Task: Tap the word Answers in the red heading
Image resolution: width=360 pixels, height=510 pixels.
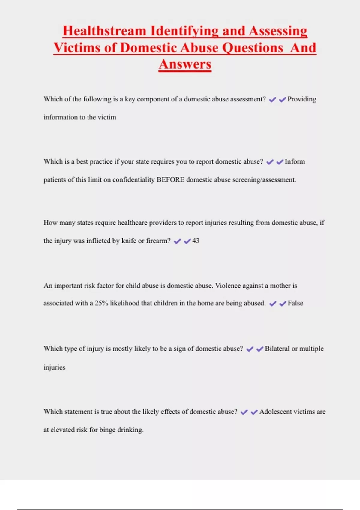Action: click(x=185, y=64)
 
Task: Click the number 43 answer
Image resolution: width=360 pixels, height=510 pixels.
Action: click(x=196, y=241)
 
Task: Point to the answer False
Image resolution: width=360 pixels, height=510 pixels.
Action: click(x=295, y=303)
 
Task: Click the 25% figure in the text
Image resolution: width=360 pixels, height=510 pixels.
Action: click(x=101, y=303)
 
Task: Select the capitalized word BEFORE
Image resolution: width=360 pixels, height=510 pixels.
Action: click(x=170, y=180)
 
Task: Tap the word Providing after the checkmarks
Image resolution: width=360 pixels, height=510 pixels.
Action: click(x=302, y=99)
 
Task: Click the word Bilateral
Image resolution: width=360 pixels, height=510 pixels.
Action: click(x=277, y=349)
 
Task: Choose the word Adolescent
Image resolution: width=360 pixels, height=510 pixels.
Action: click(x=275, y=412)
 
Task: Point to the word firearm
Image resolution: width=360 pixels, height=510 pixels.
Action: click(x=158, y=241)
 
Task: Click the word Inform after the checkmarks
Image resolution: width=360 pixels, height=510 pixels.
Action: click(x=295, y=162)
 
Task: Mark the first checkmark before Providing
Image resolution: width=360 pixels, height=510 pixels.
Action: click(x=272, y=100)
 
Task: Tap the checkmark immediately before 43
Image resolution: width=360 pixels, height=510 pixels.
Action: click(x=187, y=241)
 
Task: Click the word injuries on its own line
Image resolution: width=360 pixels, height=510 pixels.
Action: click(x=54, y=367)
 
